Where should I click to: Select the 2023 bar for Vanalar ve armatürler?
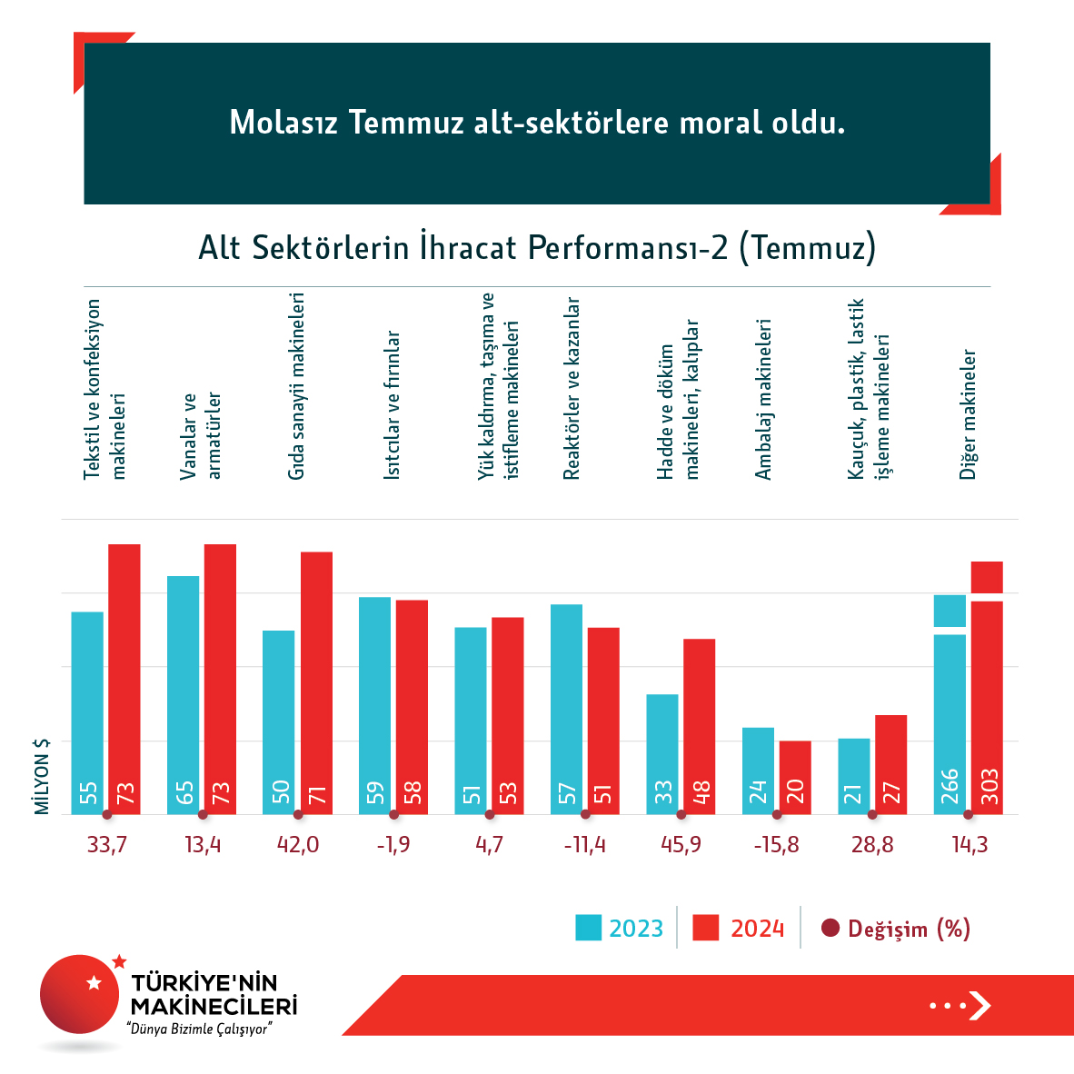click(183, 695)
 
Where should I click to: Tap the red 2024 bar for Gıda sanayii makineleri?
click(316, 682)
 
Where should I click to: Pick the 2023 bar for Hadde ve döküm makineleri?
click(662, 754)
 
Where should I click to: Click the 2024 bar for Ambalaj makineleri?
click(795, 777)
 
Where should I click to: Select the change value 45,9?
click(681, 845)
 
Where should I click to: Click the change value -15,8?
click(776, 845)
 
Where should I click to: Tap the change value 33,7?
click(106, 845)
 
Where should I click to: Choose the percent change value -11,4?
click(584, 845)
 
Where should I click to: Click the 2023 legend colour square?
click(588, 928)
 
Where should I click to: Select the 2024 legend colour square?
click(705, 928)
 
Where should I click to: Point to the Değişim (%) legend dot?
click(830, 928)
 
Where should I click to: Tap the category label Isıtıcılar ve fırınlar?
click(392, 405)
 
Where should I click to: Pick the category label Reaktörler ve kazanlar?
click(572, 388)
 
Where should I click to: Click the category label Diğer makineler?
click(969, 414)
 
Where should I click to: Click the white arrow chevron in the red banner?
click(980, 1005)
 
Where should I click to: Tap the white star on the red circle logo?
click(94, 982)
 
